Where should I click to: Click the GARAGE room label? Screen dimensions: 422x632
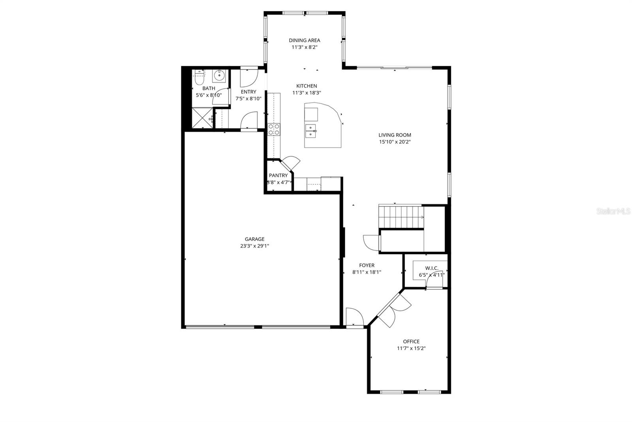tap(254, 239)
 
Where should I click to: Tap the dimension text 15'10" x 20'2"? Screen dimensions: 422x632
tap(395, 142)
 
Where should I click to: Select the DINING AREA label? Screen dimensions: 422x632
tap(304, 40)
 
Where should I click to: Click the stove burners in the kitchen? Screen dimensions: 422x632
tap(274, 129)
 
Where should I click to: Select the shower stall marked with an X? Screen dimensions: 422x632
tap(202, 118)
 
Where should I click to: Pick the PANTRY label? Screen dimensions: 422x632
tap(278, 175)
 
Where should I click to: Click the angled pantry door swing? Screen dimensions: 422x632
tap(292, 163)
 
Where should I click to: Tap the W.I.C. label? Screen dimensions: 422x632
tap(432, 268)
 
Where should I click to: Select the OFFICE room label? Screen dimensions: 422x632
tap(411, 341)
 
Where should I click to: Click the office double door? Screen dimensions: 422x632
tap(393, 309)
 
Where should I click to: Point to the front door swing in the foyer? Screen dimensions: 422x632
tap(354, 317)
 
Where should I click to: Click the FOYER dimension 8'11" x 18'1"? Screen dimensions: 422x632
tap(367, 272)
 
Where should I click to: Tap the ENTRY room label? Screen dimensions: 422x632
tap(248, 92)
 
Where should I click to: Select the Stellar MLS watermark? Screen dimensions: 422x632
tap(613, 212)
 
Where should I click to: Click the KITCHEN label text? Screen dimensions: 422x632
tap(307, 86)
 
